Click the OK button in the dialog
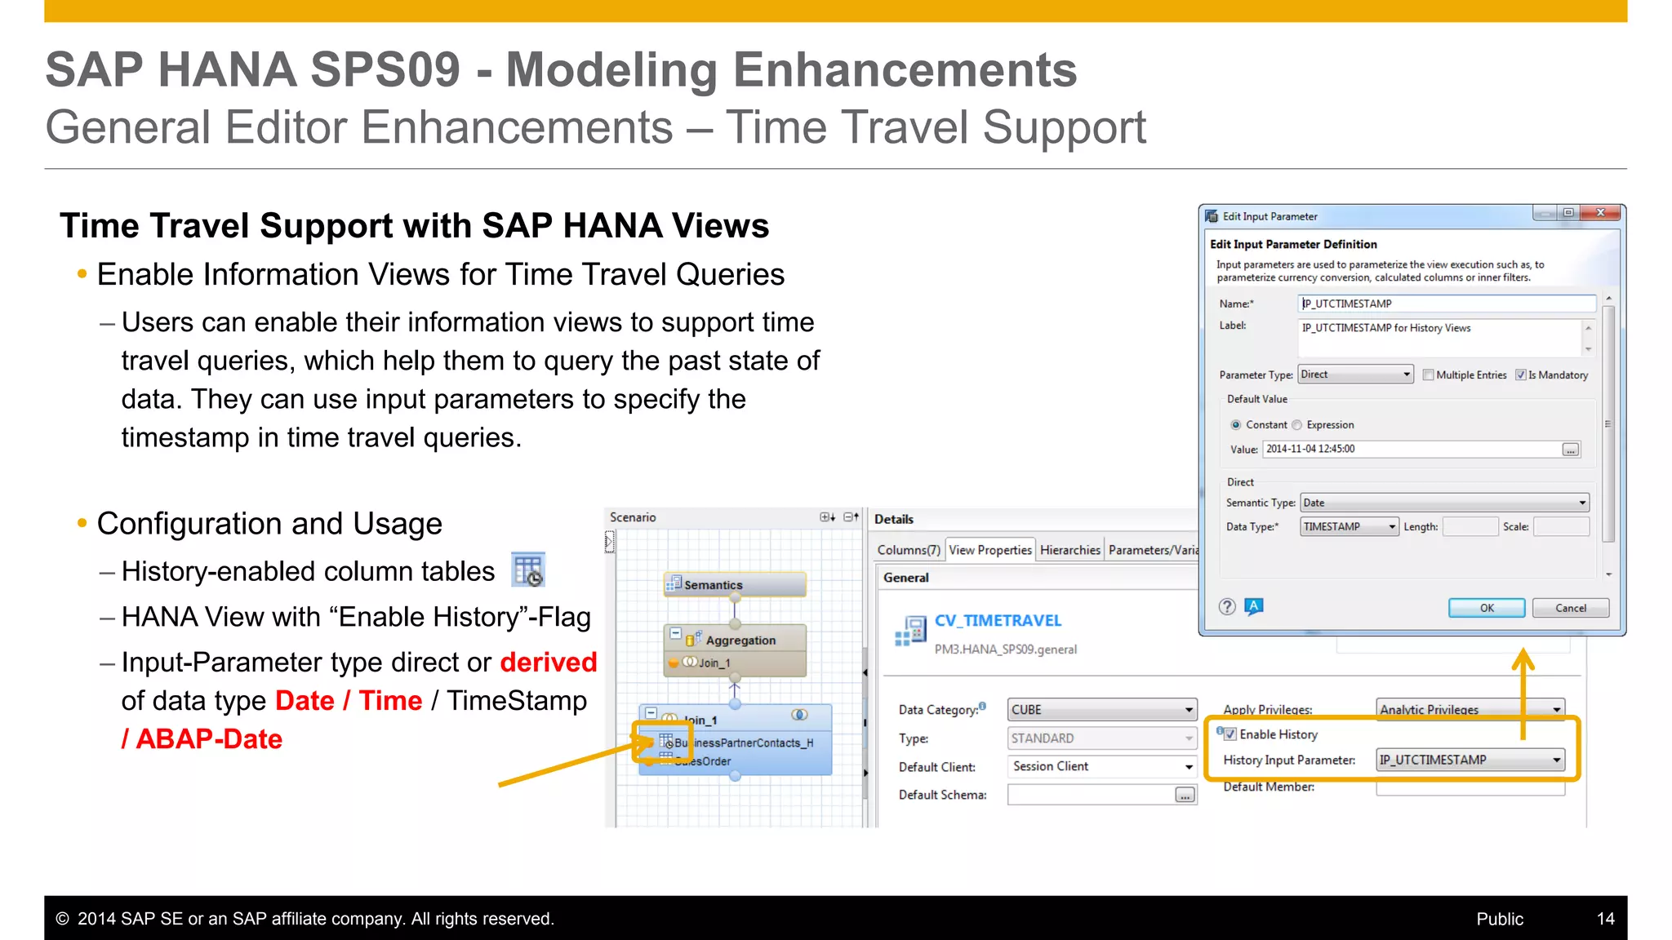1486,608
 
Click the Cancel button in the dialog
1570,608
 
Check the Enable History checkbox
1230,734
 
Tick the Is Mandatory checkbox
1521,375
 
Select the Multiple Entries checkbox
1428,375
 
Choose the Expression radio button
1297,425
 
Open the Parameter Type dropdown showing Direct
1356,375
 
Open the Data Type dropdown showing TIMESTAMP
1349,527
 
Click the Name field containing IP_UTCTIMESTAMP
1445,304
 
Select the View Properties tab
989,550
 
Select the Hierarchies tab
1069,550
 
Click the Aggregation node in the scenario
739,640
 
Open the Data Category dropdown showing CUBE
1101,710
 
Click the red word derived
548,663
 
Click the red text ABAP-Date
209,739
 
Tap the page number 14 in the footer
1605,919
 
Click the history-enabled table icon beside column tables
528,570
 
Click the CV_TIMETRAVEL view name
998,621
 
